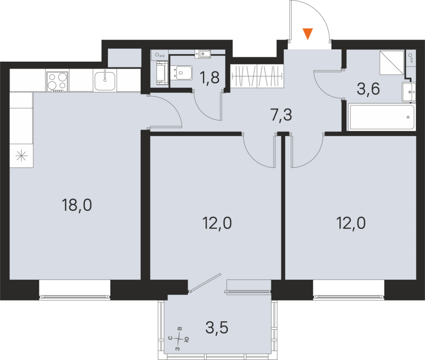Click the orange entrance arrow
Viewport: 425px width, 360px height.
coord(308,35)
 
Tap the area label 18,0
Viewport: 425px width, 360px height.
coord(77,204)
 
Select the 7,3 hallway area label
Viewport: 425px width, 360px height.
coord(281,114)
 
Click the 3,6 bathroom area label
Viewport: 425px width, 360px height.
coord(368,89)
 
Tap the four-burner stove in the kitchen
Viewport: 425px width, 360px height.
coord(57,81)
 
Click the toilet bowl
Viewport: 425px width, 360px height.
coord(183,72)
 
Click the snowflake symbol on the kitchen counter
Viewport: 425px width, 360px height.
coord(21,156)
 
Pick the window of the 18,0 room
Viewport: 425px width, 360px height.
coord(74,289)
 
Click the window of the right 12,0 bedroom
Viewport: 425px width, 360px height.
coord(348,289)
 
